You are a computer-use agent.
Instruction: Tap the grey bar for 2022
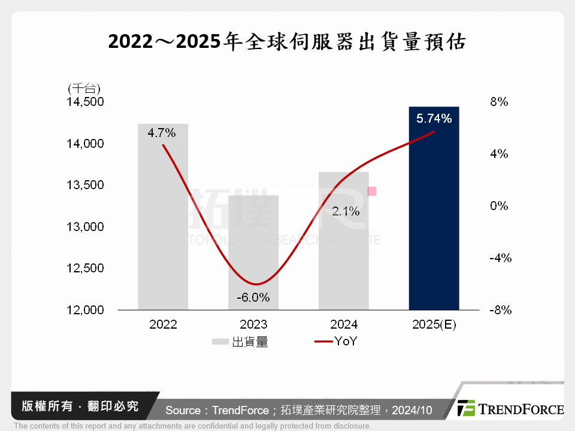[163, 227]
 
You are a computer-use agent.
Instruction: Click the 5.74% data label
[434, 119]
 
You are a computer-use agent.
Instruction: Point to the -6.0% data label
[253, 297]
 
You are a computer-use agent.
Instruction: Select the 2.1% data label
[346, 211]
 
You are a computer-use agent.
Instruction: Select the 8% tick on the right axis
[499, 102]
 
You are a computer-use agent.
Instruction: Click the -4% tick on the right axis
[498, 258]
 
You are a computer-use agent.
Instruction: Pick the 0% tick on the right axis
[499, 206]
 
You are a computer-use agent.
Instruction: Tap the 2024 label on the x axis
[344, 325]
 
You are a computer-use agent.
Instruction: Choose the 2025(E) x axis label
[434, 325]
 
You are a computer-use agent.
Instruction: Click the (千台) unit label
[84, 89]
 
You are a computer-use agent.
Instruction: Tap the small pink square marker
[372, 191]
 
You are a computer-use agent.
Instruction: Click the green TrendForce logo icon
[466, 408]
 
